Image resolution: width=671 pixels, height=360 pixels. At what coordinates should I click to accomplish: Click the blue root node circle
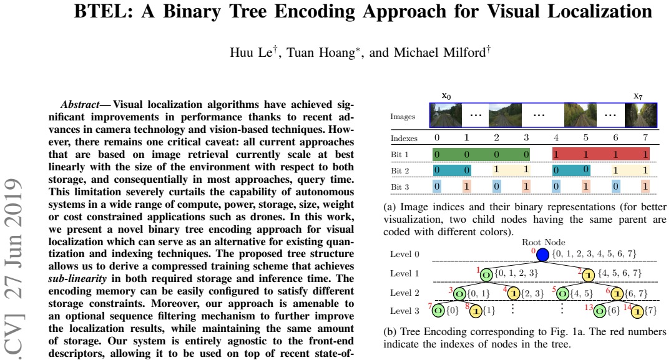(x=542, y=255)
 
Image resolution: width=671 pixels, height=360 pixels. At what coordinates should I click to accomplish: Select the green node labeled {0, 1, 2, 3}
(x=486, y=275)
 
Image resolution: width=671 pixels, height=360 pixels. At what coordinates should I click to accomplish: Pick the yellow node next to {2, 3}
(x=514, y=294)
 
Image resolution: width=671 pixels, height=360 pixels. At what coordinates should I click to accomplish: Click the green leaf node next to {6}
(x=600, y=311)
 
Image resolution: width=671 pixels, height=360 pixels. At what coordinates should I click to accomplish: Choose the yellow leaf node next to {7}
(x=638, y=311)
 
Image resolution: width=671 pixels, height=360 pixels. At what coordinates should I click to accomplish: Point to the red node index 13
(x=589, y=307)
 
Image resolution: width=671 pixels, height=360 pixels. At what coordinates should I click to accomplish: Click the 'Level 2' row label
(x=404, y=293)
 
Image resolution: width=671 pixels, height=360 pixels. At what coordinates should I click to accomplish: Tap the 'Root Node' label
(x=544, y=242)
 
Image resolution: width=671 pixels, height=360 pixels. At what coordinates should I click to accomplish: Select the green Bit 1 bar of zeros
(x=481, y=154)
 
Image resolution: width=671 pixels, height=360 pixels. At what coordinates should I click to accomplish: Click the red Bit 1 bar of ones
(x=601, y=154)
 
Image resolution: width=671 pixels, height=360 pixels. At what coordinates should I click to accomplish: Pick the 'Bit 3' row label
(x=399, y=187)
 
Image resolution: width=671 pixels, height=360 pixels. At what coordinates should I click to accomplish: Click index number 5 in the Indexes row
(x=586, y=138)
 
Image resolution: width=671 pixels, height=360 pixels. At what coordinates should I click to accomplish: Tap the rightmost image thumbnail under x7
(x=640, y=115)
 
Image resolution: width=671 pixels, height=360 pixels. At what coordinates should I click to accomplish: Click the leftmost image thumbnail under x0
(x=446, y=115)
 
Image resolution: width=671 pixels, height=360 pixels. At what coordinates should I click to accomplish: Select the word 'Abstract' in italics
(x=80, y=105)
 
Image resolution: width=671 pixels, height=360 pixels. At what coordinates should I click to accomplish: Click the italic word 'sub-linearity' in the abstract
(x=77, y=279)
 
